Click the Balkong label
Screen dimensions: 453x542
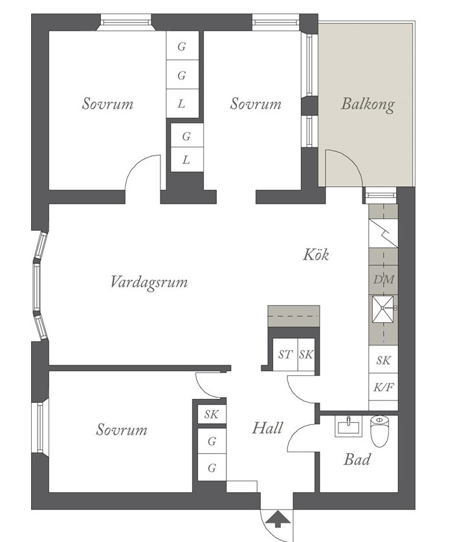click(368, 104)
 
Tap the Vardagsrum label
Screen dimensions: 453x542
click(149, 282)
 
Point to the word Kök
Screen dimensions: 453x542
click(316, 254)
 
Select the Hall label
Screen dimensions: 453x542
click(267, 428)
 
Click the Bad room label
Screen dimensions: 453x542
click(357, 459)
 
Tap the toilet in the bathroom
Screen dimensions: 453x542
click(379, 431)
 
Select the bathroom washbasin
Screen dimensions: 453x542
click(348, 426)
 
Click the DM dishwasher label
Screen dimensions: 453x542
click(384, 279)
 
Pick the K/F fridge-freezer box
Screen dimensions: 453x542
click(384, 387)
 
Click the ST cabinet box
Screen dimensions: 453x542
click(285, 355)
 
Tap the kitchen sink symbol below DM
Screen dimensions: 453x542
click(383, 308)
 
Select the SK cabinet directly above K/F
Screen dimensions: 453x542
click(384, 360)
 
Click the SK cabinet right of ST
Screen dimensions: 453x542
click(306, 355)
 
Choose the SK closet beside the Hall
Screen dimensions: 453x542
click(212, 415)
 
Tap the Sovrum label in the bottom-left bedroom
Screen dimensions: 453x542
click(122, 429)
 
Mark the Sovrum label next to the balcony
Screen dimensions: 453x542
click(256, 103)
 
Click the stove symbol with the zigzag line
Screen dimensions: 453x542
click(384, 233)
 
